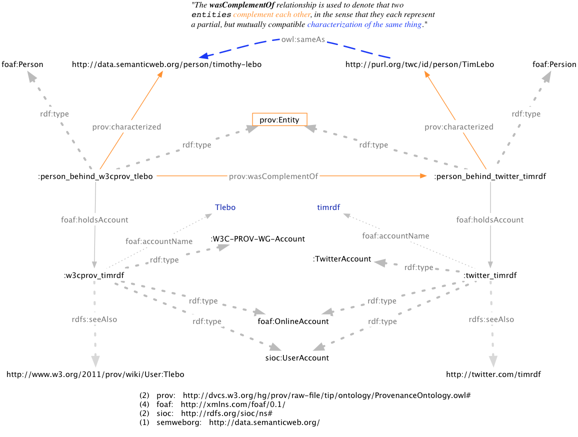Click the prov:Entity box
pos(279,119)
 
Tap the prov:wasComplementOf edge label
pos(273,176)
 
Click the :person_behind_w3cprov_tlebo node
pos(95,176)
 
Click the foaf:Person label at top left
pos(22,64)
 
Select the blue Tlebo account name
pos(225,207)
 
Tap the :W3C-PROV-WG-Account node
pos(258,239)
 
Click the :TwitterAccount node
pos(342,259)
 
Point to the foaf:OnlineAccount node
pos(293,321)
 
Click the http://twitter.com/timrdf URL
pos(493,374)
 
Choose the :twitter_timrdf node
pos(489,275)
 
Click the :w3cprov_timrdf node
pos(94,275)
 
